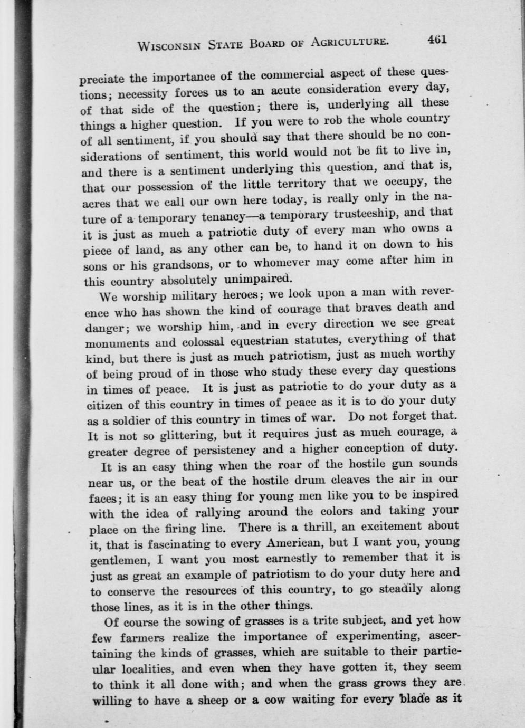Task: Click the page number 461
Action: [437, 40]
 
